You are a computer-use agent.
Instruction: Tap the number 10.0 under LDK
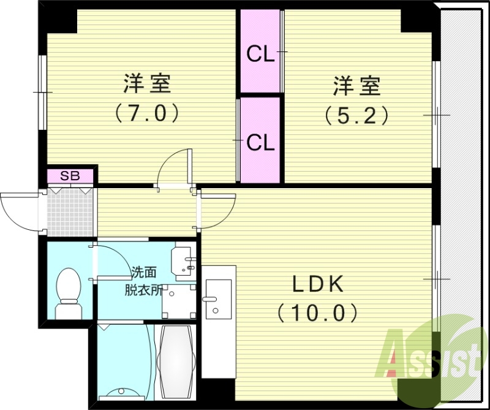tap(317, 313)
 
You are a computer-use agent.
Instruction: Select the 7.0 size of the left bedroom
tap(146, 113)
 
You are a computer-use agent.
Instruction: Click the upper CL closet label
tap(260, 55)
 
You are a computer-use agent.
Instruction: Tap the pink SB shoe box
tap(70, 176)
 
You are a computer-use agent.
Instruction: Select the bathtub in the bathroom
tap(176, 362)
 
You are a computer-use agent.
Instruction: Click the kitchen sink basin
tap(217, 299)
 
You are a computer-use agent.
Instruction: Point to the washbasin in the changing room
tap(184, 261)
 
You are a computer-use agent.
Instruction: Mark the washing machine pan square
tap(179, 302)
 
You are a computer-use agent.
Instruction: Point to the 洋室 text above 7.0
tap(146, 84)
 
